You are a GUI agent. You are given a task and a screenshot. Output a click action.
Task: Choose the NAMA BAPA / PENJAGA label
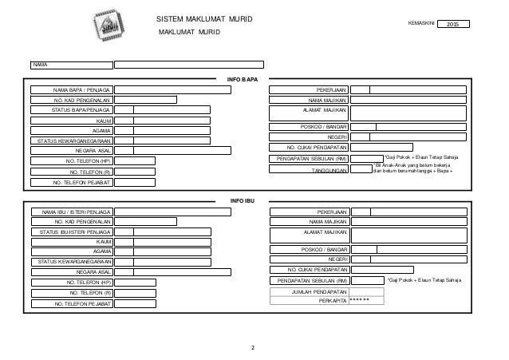[70, 90]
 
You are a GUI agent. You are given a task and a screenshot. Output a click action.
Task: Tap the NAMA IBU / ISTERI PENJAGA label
[70, 212]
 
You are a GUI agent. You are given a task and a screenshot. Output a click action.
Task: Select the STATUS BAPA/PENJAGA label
[70, 110]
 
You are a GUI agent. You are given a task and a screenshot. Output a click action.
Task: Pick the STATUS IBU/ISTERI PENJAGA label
[70, 231]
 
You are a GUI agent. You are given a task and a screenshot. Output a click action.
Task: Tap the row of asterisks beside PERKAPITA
[361, 303]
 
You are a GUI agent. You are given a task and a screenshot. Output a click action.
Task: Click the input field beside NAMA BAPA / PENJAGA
[172, 90]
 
